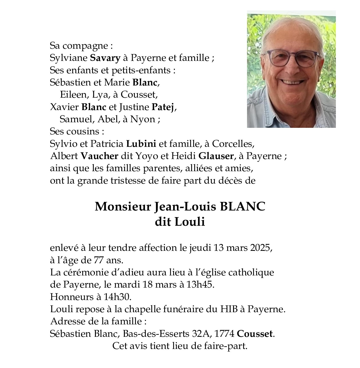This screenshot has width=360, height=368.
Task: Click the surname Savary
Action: [105, 58]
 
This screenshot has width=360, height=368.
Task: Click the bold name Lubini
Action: [141, 144]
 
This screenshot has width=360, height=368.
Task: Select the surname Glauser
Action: [216, 156]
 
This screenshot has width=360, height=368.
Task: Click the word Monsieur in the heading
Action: [123, 207]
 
